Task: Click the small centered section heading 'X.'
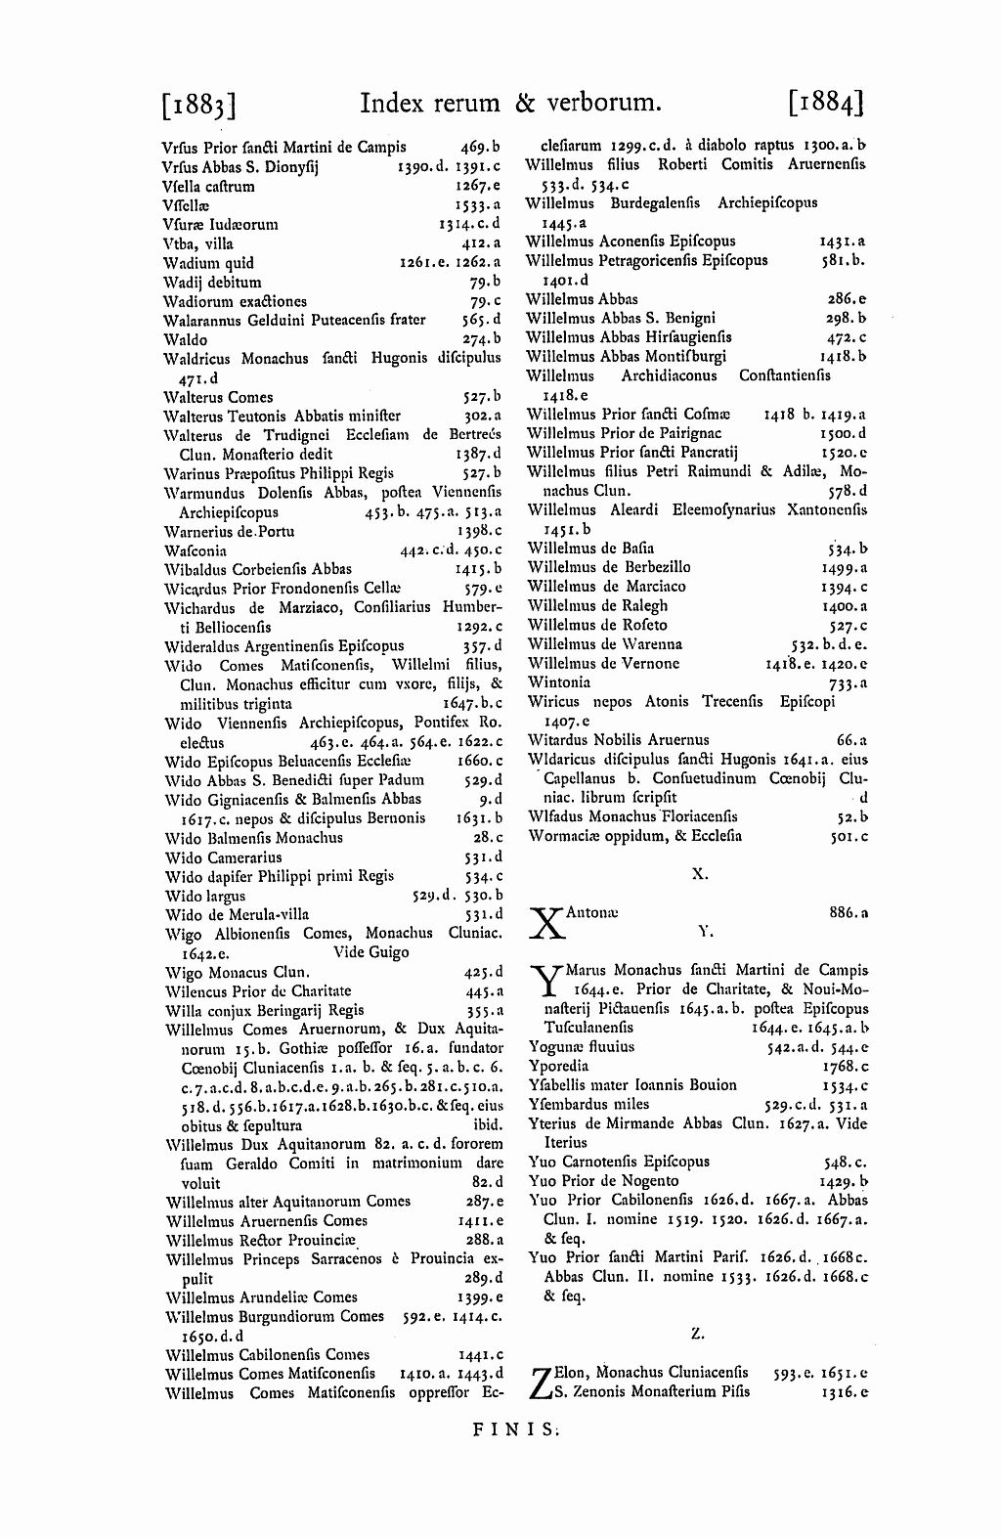(700, 874)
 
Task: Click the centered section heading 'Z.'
(697, 1333)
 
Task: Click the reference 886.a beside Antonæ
(849, 912)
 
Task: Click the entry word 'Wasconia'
(196, 550)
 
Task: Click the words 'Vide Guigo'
(370, 952)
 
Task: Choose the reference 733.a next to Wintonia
(849, 682)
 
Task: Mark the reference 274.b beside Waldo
(482, 340)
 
